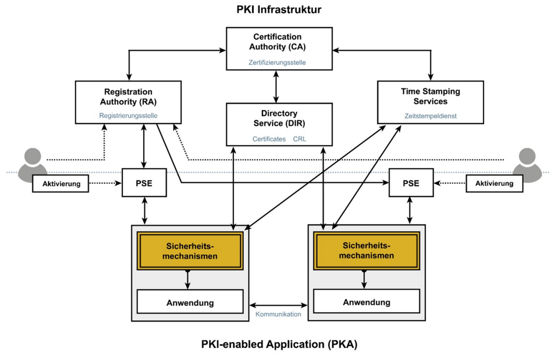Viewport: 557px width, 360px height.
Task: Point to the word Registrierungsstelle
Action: pyautogui.click(x=128, y=115)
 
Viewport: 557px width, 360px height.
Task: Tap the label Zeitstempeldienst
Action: pyautogui.click(x=431, y=116)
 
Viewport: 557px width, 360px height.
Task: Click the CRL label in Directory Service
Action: pyautogui.click(x=300, y=139)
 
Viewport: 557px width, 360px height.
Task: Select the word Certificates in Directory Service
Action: pyautogui.click(x=269, y=139)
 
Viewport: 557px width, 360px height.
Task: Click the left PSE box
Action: pyautogui.click(x=145, y=184)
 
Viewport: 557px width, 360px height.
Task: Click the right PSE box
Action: pyautogui.click(x=410, y=184)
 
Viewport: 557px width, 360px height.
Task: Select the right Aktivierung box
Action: pyautogui.click(x=494, y=184)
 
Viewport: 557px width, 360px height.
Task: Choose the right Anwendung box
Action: pyautogui.click(x=366, y=302)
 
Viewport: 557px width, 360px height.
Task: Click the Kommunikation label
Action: pyautogui.click(x=278, y=314)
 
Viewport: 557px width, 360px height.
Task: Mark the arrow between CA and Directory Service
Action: pyautogui.click(x=276, y=86)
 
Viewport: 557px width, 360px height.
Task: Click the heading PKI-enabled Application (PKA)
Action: pyautogui.click(x=278, y=345)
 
